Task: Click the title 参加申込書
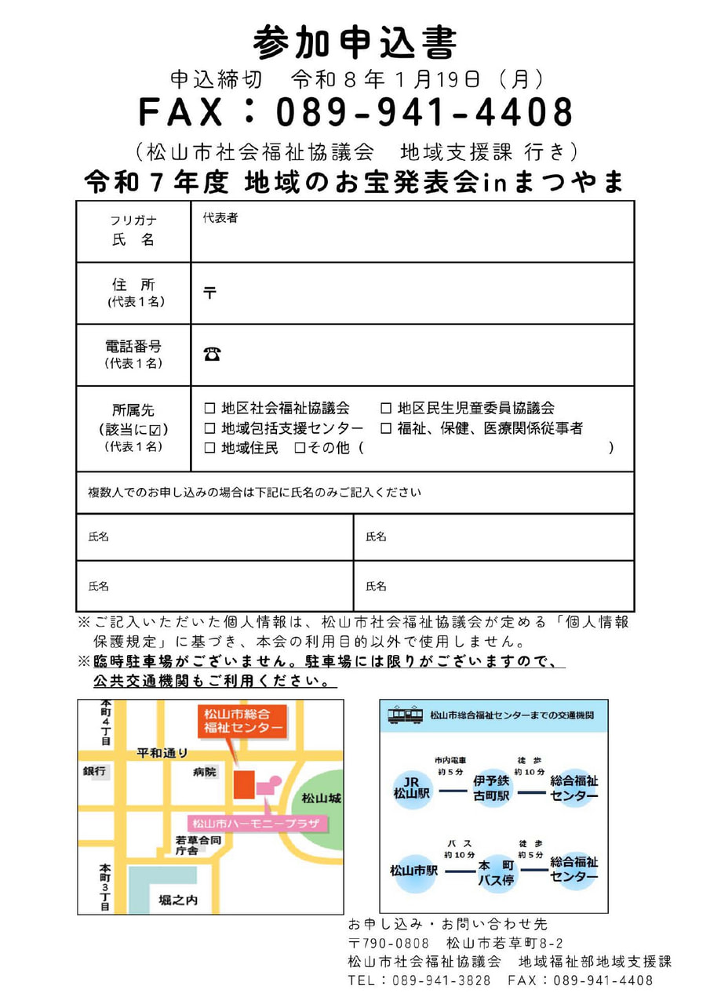(x=355, y=41)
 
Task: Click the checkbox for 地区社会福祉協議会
(x=209, y=409)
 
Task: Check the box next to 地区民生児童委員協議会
(x=386, y=409)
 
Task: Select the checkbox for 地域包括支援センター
(x=209, y=429)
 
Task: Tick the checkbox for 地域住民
(x=209, y=449)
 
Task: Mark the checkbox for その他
(x=299, y=449)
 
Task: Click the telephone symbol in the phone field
(x=212, y=355)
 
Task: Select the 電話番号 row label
(x=133, y=346)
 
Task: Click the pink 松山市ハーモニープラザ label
(x=257, y=824)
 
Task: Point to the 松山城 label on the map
(x=322, y=798)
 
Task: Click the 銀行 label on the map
(x=95, y=772)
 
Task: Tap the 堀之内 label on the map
(x=178, y=900)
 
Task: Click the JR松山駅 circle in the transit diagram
(x=413, y=788)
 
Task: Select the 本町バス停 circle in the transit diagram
(x=497, y=872)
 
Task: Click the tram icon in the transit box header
(x=406, y=715)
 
